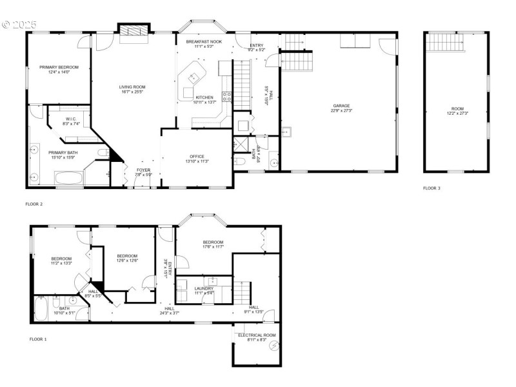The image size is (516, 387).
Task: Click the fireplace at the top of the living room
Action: pos(134,30)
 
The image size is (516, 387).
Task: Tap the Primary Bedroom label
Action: pos(59,68)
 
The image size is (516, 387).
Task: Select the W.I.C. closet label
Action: pos(70,120)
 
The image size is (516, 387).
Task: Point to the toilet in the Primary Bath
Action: pos(103,152)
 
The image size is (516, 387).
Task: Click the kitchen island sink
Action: pos(192,78)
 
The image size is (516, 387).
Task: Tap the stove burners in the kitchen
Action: pos(226,97)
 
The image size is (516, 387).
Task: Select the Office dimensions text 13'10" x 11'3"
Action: pos(197,161)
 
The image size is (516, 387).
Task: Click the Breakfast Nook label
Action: pos(204,41)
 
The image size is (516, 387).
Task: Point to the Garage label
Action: pos(341,106)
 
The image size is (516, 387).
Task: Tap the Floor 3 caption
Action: pos(432,188)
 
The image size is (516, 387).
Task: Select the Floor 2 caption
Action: pos(34,204)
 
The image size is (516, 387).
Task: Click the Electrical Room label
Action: pos(257,336)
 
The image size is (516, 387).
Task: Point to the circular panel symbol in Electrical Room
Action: pos(273,346)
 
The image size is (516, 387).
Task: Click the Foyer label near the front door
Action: pos(143,170)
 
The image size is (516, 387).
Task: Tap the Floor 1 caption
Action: pos(38,339)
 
